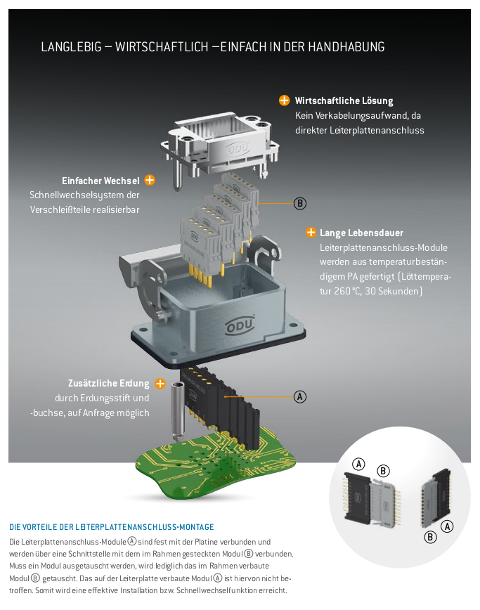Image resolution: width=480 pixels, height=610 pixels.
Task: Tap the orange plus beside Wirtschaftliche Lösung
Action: (x=285, y=100)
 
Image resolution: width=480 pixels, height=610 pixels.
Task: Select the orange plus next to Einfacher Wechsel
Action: (x=150, y=181)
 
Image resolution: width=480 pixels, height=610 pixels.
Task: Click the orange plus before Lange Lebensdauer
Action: (x=311, y=233)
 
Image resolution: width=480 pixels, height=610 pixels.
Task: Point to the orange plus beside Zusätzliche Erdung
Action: (x=160, y=384)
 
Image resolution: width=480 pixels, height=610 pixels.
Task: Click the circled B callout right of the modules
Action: (x=300, y=204)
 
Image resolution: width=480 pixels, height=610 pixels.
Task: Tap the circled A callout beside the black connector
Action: (x=300, y=396)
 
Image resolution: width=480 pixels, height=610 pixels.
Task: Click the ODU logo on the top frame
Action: (x=237, y=150)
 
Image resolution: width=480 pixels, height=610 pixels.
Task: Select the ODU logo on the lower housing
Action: (x=240, y=325)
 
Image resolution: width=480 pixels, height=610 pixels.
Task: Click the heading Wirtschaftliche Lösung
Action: (x=344, y=101)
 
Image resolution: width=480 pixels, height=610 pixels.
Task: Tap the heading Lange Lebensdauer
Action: (x=361, y=233)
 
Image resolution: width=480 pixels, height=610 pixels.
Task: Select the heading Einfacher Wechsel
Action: (x=100, y=181)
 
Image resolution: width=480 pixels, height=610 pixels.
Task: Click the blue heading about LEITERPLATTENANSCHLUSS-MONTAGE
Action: (x=112, y=527)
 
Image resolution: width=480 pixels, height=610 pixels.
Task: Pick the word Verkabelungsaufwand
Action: (x=359, y=115)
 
